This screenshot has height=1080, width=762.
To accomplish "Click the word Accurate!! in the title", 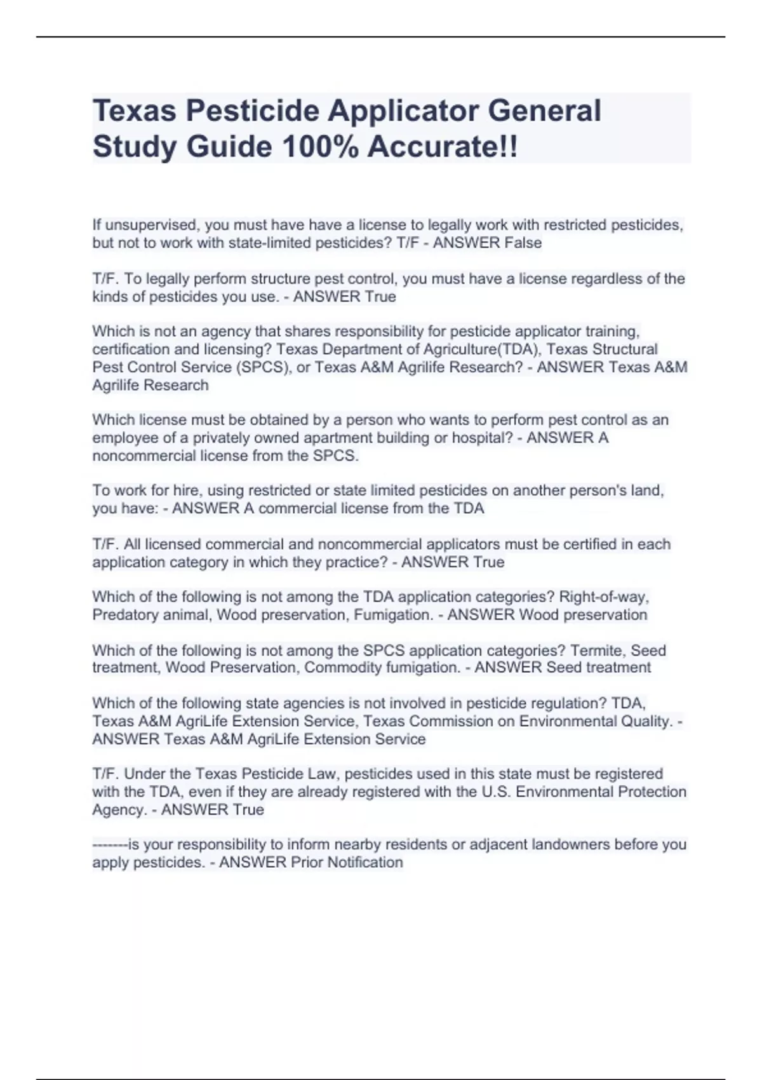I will tap(442, 147).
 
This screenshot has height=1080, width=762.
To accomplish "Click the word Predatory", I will tap(124, 615).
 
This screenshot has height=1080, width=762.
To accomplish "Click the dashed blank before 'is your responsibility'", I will tap(110, 845).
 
